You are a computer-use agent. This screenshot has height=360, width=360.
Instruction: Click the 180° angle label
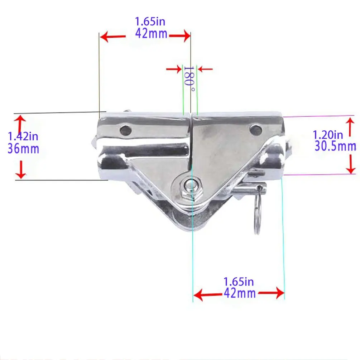pos(189,79)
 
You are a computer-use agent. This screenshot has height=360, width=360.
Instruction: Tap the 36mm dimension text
pos(23,149)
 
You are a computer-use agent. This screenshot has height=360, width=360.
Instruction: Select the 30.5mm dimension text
pos(335,146)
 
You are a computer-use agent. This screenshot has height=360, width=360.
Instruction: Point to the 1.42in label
pos(23,136)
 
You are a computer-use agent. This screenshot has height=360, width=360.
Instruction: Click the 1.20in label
pos(328,135)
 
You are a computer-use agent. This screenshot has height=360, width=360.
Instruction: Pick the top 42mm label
pos(151,34)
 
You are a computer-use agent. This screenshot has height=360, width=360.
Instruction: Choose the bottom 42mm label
pos(240,293)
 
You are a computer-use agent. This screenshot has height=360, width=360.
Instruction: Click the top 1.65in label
pos(150,21)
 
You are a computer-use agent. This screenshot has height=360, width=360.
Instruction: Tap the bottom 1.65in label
pos(239,282)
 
